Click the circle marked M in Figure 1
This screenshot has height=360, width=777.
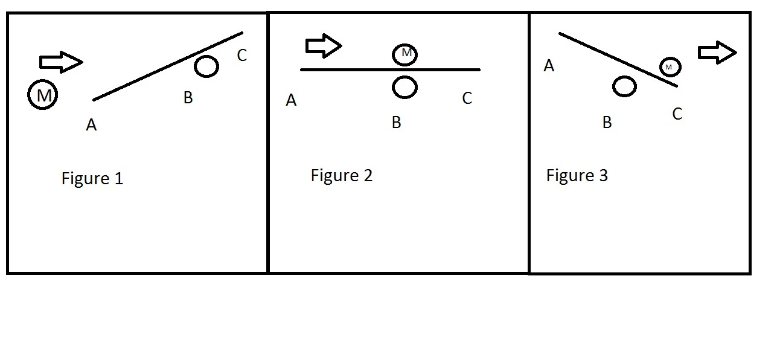pyautogui.click(x=28, y=95)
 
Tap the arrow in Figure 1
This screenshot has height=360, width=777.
pyautogui.click(x=61, y=62)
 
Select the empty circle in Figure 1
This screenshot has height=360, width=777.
pyautogui.click(x=194, y=66)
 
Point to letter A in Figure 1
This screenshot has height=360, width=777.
pyautogui.click(x=91, y=124)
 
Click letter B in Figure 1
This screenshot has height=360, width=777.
pyautogui.click(x=188, y=98)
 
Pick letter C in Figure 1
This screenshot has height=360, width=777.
pyautogui.click(x=241, y=55)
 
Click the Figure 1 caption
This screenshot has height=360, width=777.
pyautogui.click(x=92, y=178)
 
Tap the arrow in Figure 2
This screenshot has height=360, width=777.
pyautogui.click(x=324, y=46)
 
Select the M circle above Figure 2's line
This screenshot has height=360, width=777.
pyautogui.click(x=392, y=55)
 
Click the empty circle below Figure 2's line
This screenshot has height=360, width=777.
pyautogui.click(x=392, y=87)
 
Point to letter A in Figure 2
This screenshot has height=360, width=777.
pyautogui.click(x=291, y=100)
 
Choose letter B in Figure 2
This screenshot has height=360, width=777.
pyautogui.click(x=397, y=122)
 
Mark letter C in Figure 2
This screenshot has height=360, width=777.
pyautogui.click(x=467, y=98)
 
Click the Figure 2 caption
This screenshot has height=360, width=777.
pyautogui.click(x=341, y=175)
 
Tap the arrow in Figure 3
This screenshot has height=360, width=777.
pyautogui.click(x=717, y=53)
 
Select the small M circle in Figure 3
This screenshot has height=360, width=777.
pyautogui.click(x=660, y=67)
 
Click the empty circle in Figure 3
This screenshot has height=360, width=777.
pyautogui.click(x=613, y=86)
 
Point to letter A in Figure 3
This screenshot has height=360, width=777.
pyautogui.click(x=549, y=66)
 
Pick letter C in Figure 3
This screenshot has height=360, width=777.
pyautogui.click(x=677, y=114)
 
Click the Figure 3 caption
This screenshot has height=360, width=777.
pyautogui.click(x=577, y=175)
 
